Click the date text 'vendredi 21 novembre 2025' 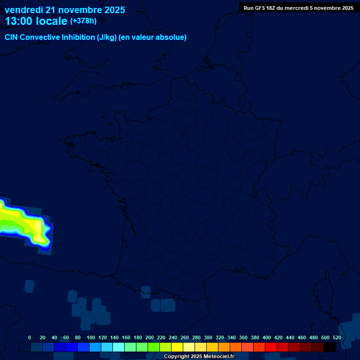[x=65, y=10]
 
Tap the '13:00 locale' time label [x=36, y=21]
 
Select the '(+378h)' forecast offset [x=83, y=21]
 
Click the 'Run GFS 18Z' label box [x=299, y=8]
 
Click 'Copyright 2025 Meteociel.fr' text [x=199, y=356]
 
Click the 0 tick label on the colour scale [x=30, y=337]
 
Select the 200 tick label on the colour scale [x=150, y=337]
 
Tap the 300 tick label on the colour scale [x=208, y=337]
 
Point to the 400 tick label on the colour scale [x=267, y=337]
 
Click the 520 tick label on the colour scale [x=337, y=337]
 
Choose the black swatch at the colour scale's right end [x=330, y=347]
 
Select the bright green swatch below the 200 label [x=154, y=347]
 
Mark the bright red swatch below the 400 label [x=271, y=347]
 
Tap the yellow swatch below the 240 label [x=177, y=347]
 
